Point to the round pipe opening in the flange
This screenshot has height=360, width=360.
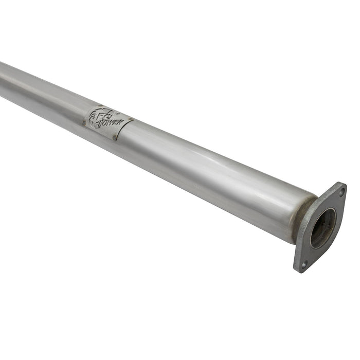click(323, 228)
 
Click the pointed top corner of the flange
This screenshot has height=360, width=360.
click(342, 183)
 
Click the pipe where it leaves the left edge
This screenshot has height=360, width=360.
click(2, 80)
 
